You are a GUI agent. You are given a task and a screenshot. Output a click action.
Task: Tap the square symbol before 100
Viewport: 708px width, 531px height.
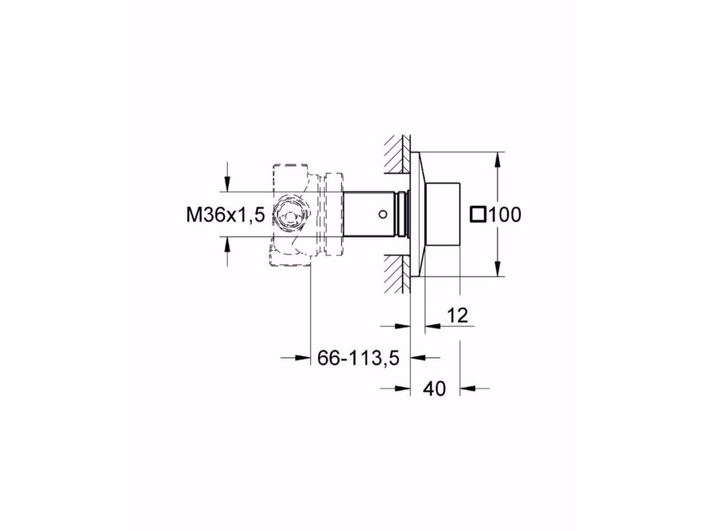coord(478,214)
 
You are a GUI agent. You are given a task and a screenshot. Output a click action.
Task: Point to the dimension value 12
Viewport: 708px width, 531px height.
coord(457,315)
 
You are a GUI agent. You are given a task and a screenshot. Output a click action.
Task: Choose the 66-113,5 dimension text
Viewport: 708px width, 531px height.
coord(358,358)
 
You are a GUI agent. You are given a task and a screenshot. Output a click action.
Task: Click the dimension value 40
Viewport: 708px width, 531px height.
coord(435,388)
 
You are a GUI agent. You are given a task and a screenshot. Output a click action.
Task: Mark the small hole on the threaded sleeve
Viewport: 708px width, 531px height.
coord(382,214)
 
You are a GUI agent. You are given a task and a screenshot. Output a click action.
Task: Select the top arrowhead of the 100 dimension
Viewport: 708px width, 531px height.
coord(498,159)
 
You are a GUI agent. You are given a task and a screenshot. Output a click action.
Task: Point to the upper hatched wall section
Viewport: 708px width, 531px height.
coord(397,154)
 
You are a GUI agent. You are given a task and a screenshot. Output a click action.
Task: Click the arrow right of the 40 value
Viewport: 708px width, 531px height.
coord(468,387)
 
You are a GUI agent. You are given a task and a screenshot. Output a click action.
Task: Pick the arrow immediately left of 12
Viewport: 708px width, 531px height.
coord(432,326)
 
